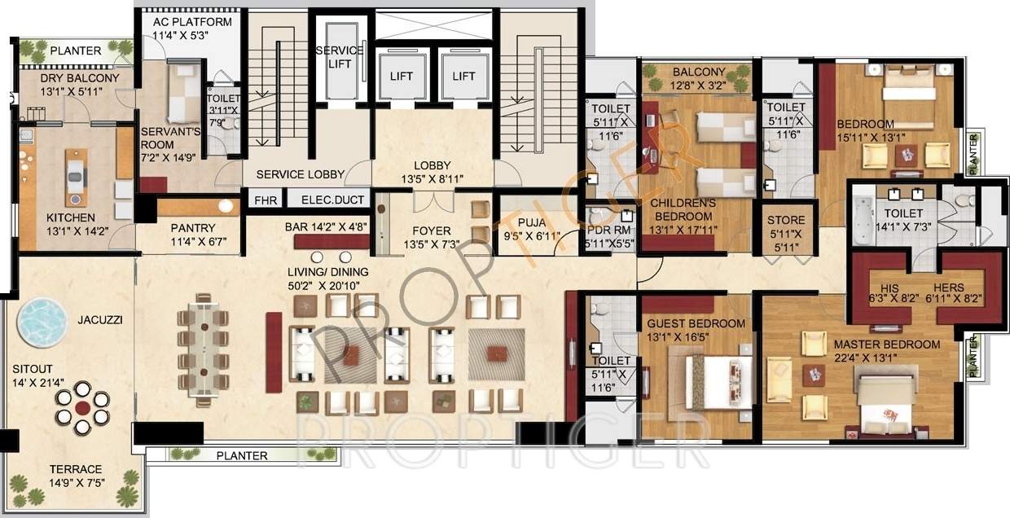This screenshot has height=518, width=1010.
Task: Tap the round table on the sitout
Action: click(x=81, y=408)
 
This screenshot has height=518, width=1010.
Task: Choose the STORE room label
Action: click(x=786, y=220)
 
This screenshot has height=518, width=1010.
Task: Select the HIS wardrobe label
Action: click(x=889, y=288)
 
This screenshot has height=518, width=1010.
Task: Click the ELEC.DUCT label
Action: click(x=332, y=200)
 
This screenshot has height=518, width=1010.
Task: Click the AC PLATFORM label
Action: click(x=191, y=22)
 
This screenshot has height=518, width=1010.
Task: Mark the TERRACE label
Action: click(x=75, y=469)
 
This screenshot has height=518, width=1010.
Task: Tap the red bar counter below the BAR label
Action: click(x=332, y=242)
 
